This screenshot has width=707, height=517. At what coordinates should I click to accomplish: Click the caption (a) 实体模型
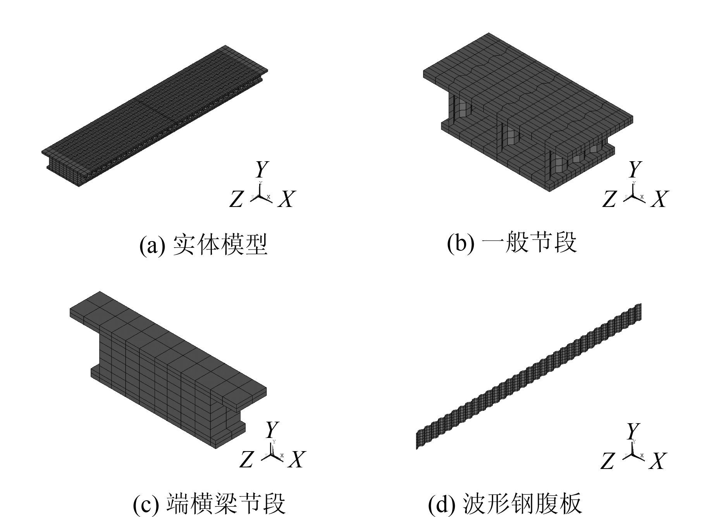pos(203,245)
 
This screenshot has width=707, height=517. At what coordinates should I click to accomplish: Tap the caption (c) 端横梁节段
pos(209,503)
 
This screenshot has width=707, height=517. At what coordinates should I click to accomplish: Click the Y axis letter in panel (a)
pos(262,170)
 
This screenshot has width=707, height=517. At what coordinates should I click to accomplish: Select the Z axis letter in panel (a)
pos(236,199)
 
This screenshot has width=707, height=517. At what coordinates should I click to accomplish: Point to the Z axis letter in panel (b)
pos(609,199)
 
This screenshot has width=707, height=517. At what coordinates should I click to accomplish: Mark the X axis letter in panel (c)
pos(297,459)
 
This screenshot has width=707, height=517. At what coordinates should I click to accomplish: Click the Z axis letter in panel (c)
pos(246,459)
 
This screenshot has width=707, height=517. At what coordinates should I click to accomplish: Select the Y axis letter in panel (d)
pos(633,431)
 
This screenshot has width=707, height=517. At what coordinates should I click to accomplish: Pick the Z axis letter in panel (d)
pos(607,461)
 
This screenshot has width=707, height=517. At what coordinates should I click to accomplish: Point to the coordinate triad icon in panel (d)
pos(633,454)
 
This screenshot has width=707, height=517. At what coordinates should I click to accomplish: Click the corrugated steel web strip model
pos(529,376)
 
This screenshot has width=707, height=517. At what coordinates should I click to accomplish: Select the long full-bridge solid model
pos(155,116)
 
